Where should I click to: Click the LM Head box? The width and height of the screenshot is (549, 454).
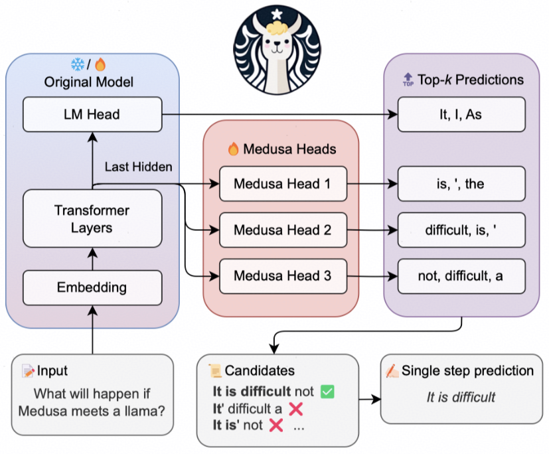click(92, 114)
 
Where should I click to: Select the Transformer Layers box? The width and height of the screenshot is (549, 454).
click(92, 219)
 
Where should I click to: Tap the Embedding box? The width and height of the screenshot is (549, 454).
click(92, 287)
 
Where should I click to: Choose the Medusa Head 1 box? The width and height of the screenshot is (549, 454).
click(282, 184)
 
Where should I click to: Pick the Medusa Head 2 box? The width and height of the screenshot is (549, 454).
click(282, 230)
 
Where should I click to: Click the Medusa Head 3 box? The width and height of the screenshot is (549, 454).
click(282, 275)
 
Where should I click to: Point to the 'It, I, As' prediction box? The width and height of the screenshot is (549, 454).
click(461, 114)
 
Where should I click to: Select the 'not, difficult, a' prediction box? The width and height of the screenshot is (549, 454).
click(461, 276)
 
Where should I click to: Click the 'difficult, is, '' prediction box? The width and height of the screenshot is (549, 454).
click(461, 230)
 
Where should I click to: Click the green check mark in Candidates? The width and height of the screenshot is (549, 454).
click(327, 392)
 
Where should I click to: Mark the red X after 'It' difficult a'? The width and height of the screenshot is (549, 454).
click(296, 409)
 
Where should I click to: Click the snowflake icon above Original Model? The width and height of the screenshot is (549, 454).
click(77, 65)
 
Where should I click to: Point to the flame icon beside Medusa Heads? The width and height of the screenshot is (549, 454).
click(233, 149)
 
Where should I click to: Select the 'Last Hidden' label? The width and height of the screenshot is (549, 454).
click(138, 167)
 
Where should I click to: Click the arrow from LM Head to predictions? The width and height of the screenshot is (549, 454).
click(279, 114)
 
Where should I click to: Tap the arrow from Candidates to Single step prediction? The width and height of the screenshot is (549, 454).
click(369, 400)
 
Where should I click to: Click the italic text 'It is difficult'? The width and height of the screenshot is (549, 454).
click(461, 398)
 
